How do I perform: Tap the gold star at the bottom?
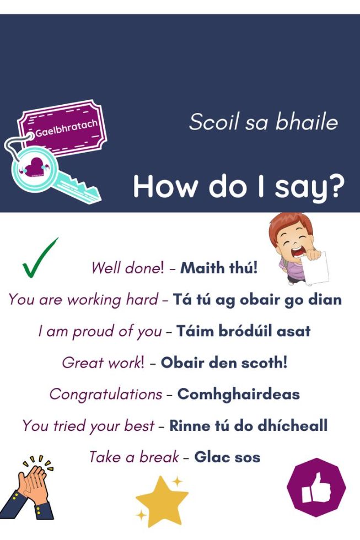coord(162,501)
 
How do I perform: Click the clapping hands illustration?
coord(29,489)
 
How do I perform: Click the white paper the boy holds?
coord(316,268)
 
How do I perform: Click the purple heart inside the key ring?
coord(34,167)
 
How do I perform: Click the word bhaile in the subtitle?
coord(307,122)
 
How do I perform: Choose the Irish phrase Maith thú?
coord(219,268)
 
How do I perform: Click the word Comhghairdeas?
coord(238,394)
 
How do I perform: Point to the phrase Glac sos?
coord(227,457)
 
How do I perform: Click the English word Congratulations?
coord(106,395)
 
